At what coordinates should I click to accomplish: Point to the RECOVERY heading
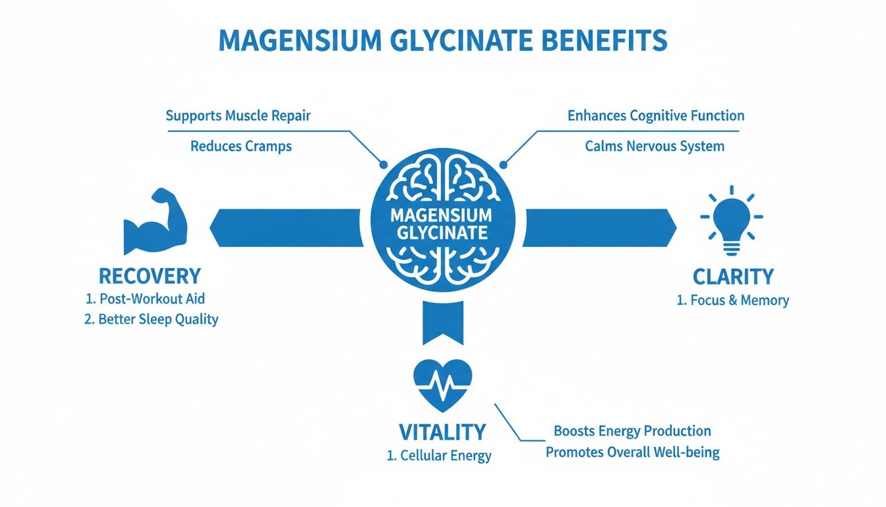pyautogui.click(x=150, y=276)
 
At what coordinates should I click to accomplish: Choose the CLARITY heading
pyautogui.click(x=733, y=277)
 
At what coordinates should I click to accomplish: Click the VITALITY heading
pyautogui.click(x=442, y=432)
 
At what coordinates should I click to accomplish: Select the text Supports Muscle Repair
pyautogui.click(x=238, y=116)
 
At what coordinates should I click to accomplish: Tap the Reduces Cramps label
pyautogui.click(x=241, y=146)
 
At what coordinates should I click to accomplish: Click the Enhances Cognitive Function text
pyautogui.click(x=655, y=116)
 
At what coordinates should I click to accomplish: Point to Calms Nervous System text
pyautogui.click(x=655, y=146)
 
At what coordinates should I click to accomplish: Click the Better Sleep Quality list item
pyautogui.click(x=152, y=320)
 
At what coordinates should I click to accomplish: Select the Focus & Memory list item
pyautogui.click(x=732, y=300)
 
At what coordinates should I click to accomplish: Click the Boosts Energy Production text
pyautogui.click(x=632, y=431)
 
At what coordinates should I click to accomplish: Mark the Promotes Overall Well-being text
pyautogui.click(x=632, y=453)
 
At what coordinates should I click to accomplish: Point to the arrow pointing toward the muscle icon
pyautogui.click(x=287, y=228)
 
